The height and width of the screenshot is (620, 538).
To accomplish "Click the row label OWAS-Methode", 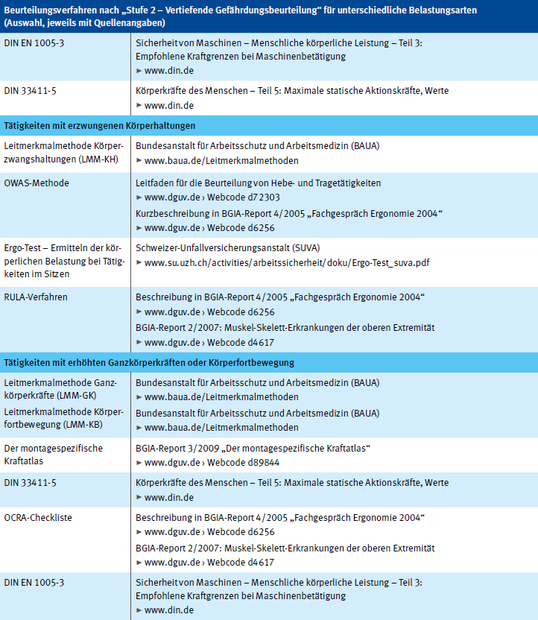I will pos(36,183).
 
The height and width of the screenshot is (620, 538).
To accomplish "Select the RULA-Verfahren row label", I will pos(36,297).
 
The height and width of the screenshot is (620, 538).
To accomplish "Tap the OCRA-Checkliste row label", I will pos(38,516).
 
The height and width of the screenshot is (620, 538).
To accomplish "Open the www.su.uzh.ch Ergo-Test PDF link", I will pos(287,262).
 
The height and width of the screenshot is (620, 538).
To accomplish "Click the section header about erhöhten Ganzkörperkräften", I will pos(149,362).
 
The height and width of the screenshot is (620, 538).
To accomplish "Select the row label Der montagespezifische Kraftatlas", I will pos(53,455).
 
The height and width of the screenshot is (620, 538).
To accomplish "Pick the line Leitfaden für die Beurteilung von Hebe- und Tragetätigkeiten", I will pos(259,183).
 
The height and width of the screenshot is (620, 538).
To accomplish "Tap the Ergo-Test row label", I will pos(63,262).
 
